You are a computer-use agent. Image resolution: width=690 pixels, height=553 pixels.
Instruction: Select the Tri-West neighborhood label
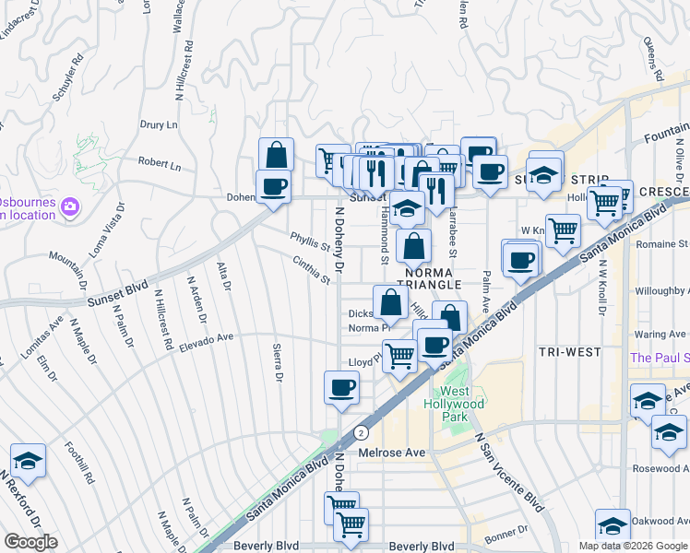pos(570,352)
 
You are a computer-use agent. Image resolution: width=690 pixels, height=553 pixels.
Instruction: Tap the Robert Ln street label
pos(160,164)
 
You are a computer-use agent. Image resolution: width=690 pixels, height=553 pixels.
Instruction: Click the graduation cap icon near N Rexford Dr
pos(28,460)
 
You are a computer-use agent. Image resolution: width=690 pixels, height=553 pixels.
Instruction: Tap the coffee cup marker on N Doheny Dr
pos(341,386)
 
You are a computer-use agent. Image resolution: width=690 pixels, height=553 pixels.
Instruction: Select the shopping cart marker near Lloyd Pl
pos(399,354)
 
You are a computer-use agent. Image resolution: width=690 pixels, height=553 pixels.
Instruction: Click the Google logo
pos(30,542)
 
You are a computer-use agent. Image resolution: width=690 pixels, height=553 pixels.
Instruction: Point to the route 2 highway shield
pos(361,431)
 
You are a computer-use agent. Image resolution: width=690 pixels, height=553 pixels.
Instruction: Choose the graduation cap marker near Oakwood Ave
pos(612,524)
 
